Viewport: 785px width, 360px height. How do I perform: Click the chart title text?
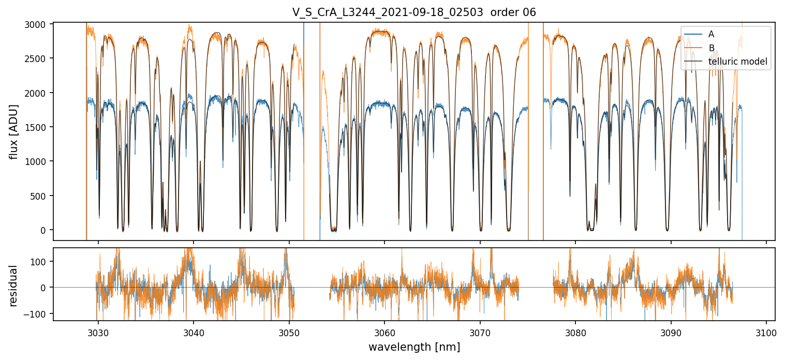tap(414, 12)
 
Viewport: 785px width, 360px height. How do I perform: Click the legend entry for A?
tap(711, 34)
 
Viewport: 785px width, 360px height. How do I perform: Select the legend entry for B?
tap(711, 48)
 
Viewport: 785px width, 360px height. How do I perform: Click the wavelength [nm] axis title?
tap(414, 347)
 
